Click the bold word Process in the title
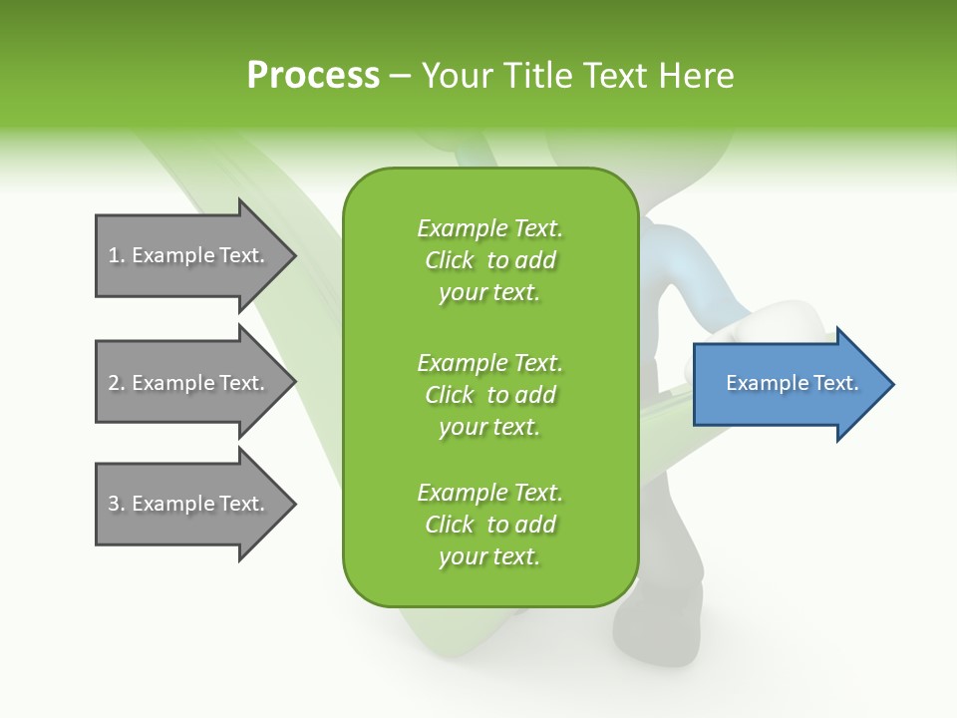coord(313,76)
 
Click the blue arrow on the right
coord(788,384)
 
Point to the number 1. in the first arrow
coord(117,255)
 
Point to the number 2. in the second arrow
coord(117,383)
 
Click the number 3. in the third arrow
coord(117,504)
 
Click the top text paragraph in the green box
coord(489,260)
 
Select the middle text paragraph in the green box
coord(489,394)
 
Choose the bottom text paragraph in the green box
coord(489,525)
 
